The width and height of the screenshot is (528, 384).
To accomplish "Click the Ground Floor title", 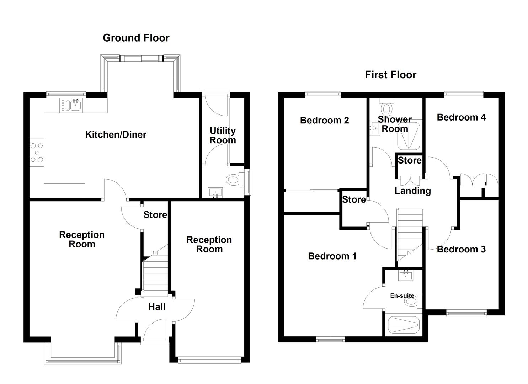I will coord(136,38).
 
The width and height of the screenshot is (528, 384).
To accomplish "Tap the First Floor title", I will coord(390,75).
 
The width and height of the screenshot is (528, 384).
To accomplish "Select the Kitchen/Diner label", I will coord(116,134).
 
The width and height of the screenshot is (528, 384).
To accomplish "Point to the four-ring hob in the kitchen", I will coord(37,153).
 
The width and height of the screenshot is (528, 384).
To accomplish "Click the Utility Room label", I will coord(223,135).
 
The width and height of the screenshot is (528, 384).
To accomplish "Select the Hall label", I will coord(157,307).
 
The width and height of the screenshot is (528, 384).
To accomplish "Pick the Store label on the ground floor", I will coord(155,215).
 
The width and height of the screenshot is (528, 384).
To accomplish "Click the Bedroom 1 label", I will coord(332,256).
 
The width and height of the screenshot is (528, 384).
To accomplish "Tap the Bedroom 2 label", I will coord(324,120).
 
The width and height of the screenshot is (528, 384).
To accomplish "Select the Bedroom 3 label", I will coord(461,249).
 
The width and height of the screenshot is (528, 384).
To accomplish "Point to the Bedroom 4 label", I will coord(461,117).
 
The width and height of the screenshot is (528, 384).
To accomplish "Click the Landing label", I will coord(412,191).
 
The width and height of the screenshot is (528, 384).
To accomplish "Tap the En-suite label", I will coord(402,295).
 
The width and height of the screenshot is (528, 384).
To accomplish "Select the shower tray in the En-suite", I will coord(404,324).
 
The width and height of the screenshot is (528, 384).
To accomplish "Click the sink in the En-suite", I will coord(405,275).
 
